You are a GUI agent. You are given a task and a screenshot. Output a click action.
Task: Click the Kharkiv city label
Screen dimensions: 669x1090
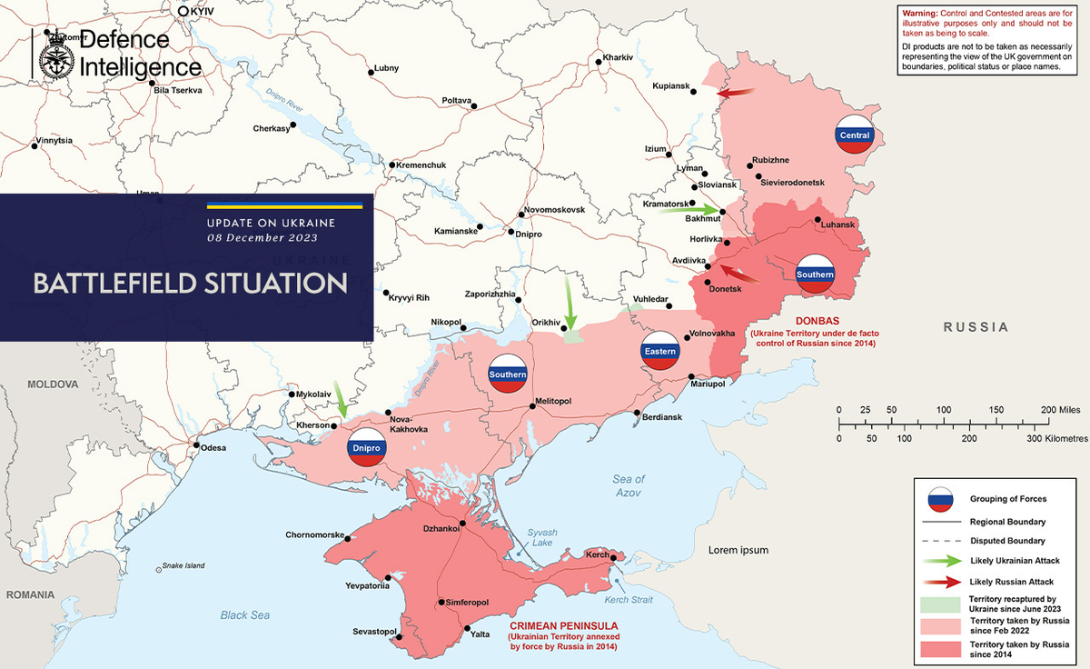(618, 57)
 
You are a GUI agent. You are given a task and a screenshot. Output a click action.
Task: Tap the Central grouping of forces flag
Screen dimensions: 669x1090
(855, 135)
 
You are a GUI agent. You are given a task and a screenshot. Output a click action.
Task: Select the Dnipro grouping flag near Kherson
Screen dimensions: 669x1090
(368, 448)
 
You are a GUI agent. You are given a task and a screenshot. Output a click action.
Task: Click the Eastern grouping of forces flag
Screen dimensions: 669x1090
(659, 351)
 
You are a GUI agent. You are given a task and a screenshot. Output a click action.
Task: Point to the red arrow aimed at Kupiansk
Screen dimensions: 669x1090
(735, 92)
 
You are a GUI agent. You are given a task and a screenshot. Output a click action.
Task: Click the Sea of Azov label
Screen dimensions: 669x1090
(628, 485)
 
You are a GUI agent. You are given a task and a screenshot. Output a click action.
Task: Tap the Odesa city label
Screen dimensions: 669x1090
(214, 447)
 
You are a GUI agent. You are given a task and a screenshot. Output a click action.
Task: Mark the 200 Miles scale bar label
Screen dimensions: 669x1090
(1060, 410)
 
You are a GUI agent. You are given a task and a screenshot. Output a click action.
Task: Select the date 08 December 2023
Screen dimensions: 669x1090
(262, 238)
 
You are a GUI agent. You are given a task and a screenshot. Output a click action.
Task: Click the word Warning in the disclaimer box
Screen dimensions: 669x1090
(919, 13)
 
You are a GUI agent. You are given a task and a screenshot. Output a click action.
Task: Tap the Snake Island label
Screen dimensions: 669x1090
(184, 565)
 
